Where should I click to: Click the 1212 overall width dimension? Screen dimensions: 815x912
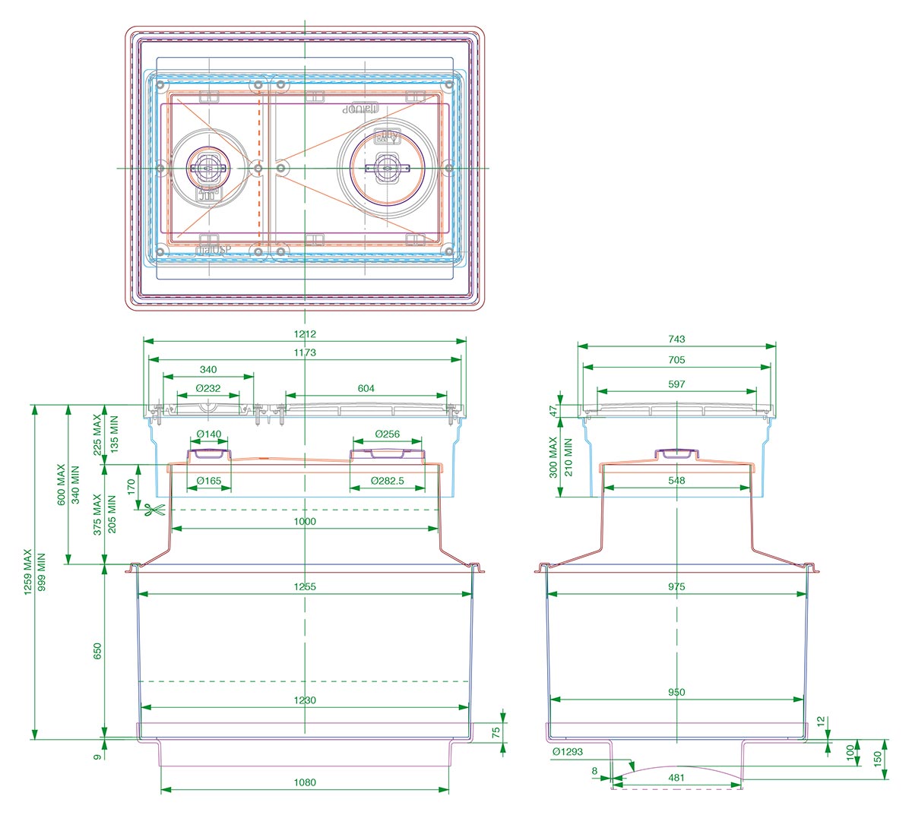click(x=305, y=334)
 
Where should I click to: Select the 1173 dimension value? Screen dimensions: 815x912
click(x=305, y=352)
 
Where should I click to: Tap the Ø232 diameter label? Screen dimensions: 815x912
click(x=208, y=388)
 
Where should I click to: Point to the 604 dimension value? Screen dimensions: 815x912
click(x=366, y=388)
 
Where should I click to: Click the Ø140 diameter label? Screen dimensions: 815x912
click(x=208, y=434)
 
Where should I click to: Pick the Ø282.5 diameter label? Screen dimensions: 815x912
click(x=387, y=481)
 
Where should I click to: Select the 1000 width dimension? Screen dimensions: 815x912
click(x=305, y=522)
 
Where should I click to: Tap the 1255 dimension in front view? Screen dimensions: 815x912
click(x=305, y=586)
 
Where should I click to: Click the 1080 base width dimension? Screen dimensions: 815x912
click(x=305, y=782)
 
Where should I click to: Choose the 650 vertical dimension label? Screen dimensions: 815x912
click(x=97, y=651)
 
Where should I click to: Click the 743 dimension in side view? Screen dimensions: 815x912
click(x=676, y=340)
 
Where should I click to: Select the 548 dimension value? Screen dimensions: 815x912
click(x=676, y=480)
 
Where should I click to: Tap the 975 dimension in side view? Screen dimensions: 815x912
click(x=676, y=586)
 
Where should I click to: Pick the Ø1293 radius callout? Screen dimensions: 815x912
click(x=568, y=752)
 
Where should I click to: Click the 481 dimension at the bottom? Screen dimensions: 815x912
click(x=676, y=777)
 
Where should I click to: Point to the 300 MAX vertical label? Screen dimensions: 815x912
click(x=554, y=456)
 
